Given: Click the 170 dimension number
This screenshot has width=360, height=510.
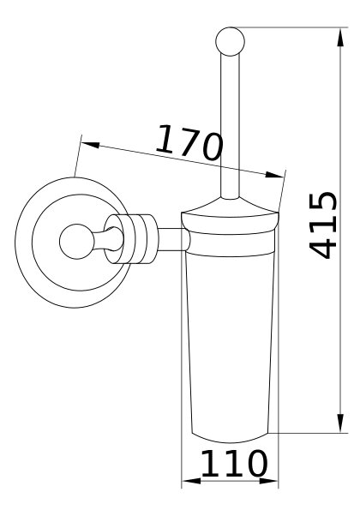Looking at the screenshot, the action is (189, 143).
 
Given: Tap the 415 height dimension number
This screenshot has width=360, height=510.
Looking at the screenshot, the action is (322, 225).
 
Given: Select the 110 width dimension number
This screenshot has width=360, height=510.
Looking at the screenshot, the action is (234, 463).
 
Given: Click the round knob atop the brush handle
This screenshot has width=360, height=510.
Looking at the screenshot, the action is (230, 42).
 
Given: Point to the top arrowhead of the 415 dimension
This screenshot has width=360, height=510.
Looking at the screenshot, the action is (340, 38).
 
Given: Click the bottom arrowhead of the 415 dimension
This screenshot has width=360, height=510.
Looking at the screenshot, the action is (340, 423).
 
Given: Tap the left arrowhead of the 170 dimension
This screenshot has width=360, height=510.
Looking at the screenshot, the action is (90, 145).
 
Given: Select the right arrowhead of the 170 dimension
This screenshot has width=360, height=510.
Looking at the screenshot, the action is (274, 175).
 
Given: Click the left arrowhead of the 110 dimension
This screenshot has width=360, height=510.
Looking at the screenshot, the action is (191, 481).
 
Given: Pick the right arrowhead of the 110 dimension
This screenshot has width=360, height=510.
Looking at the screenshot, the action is (268, 481).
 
